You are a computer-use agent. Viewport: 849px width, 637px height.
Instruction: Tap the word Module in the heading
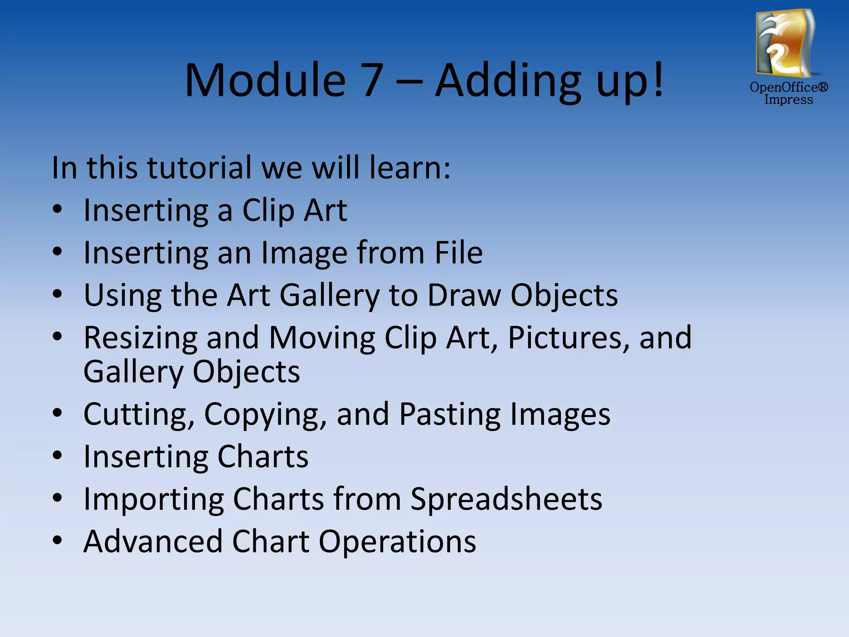265,80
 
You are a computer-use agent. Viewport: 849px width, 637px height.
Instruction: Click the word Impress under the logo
788,100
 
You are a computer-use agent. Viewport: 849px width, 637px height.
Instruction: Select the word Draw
464,295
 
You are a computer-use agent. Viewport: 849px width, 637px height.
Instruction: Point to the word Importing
153,499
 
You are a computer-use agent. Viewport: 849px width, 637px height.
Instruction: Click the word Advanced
153,541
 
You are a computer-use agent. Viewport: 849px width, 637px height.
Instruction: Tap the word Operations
397,542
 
